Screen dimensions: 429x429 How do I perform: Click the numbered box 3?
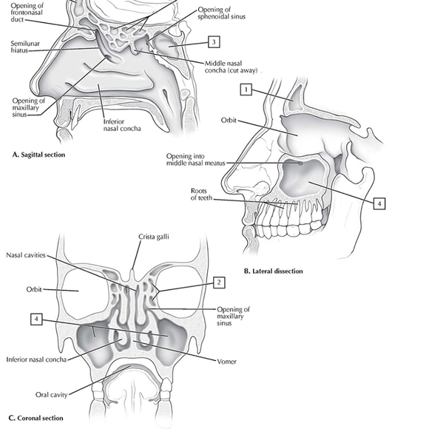(214, 41)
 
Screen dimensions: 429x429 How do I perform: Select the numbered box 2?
(218, 282)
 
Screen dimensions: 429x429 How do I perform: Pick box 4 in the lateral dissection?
(379, 203)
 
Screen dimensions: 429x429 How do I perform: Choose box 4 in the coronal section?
(37, 319)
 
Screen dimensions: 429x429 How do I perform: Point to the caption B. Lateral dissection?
(273, 271)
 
